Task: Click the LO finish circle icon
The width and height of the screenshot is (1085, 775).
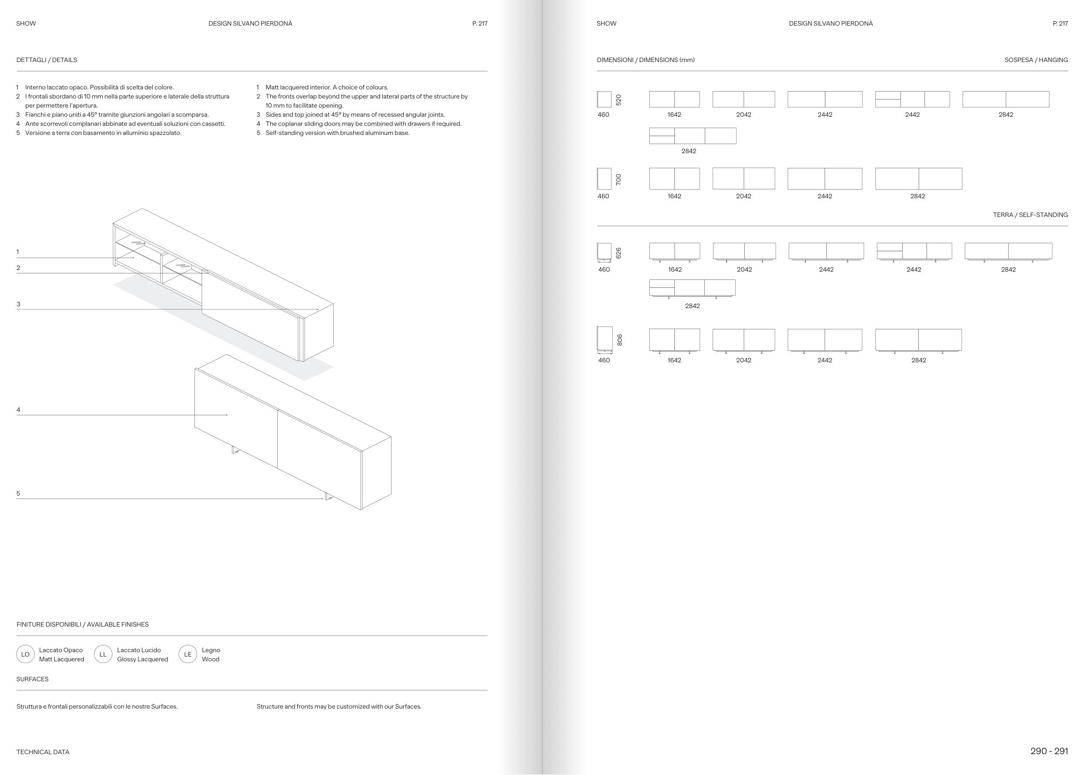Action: [x=25, y=654]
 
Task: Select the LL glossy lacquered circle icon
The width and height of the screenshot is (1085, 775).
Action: [x=103, y=654]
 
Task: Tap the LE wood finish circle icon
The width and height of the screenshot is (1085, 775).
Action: [x=187, y=654]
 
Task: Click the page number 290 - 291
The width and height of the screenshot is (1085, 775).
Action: [x=1049, y=751]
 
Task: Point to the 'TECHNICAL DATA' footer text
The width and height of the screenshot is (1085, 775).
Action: [x=43, y=752]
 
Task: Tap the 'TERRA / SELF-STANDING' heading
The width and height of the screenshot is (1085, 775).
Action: [x=1030, y=215]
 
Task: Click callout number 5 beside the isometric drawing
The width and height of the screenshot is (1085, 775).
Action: [x=18, y=493]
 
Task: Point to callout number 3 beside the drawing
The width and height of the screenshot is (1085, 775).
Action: [x=18, y=304]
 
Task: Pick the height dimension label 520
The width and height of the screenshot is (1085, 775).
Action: [x=618, y=100]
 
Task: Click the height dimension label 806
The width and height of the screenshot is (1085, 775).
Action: [x=620, y=340]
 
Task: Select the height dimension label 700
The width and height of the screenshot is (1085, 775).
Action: [x=618, y=180]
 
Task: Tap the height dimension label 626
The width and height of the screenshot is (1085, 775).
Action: [x=618, y=253]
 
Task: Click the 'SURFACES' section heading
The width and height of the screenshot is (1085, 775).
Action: [x=33, y=679]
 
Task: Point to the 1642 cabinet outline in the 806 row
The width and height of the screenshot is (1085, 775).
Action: [x=674, y=340]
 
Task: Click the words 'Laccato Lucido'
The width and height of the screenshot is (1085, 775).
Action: [x=139, y=650]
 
